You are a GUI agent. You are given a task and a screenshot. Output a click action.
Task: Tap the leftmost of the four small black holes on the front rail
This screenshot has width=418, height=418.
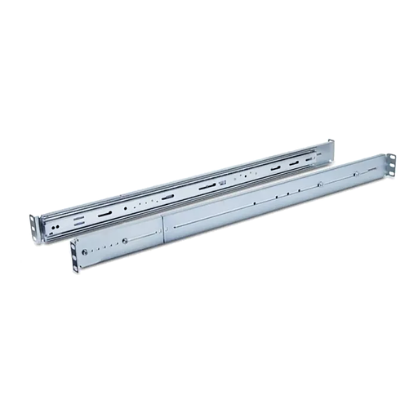coord(256,202)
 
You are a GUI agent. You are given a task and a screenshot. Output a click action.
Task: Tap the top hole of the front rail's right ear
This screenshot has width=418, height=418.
coord(389,158)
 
